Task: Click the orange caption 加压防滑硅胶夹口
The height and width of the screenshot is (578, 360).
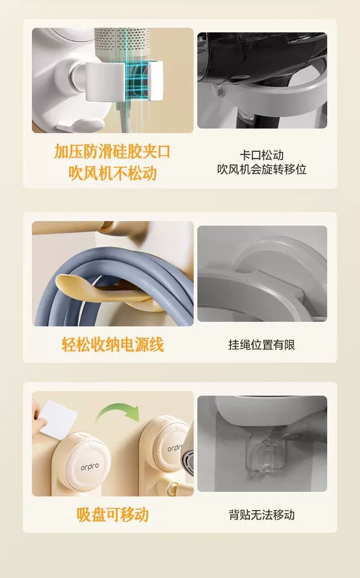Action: (112, 151)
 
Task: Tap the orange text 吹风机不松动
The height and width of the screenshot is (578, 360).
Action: (113, 173)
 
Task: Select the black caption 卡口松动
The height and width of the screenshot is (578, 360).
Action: (262, 155)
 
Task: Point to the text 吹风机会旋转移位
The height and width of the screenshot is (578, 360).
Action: (262, 170)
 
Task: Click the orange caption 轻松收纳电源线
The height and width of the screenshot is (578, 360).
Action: (113, 345)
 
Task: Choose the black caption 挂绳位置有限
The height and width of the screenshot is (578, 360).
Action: (262, 345)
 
